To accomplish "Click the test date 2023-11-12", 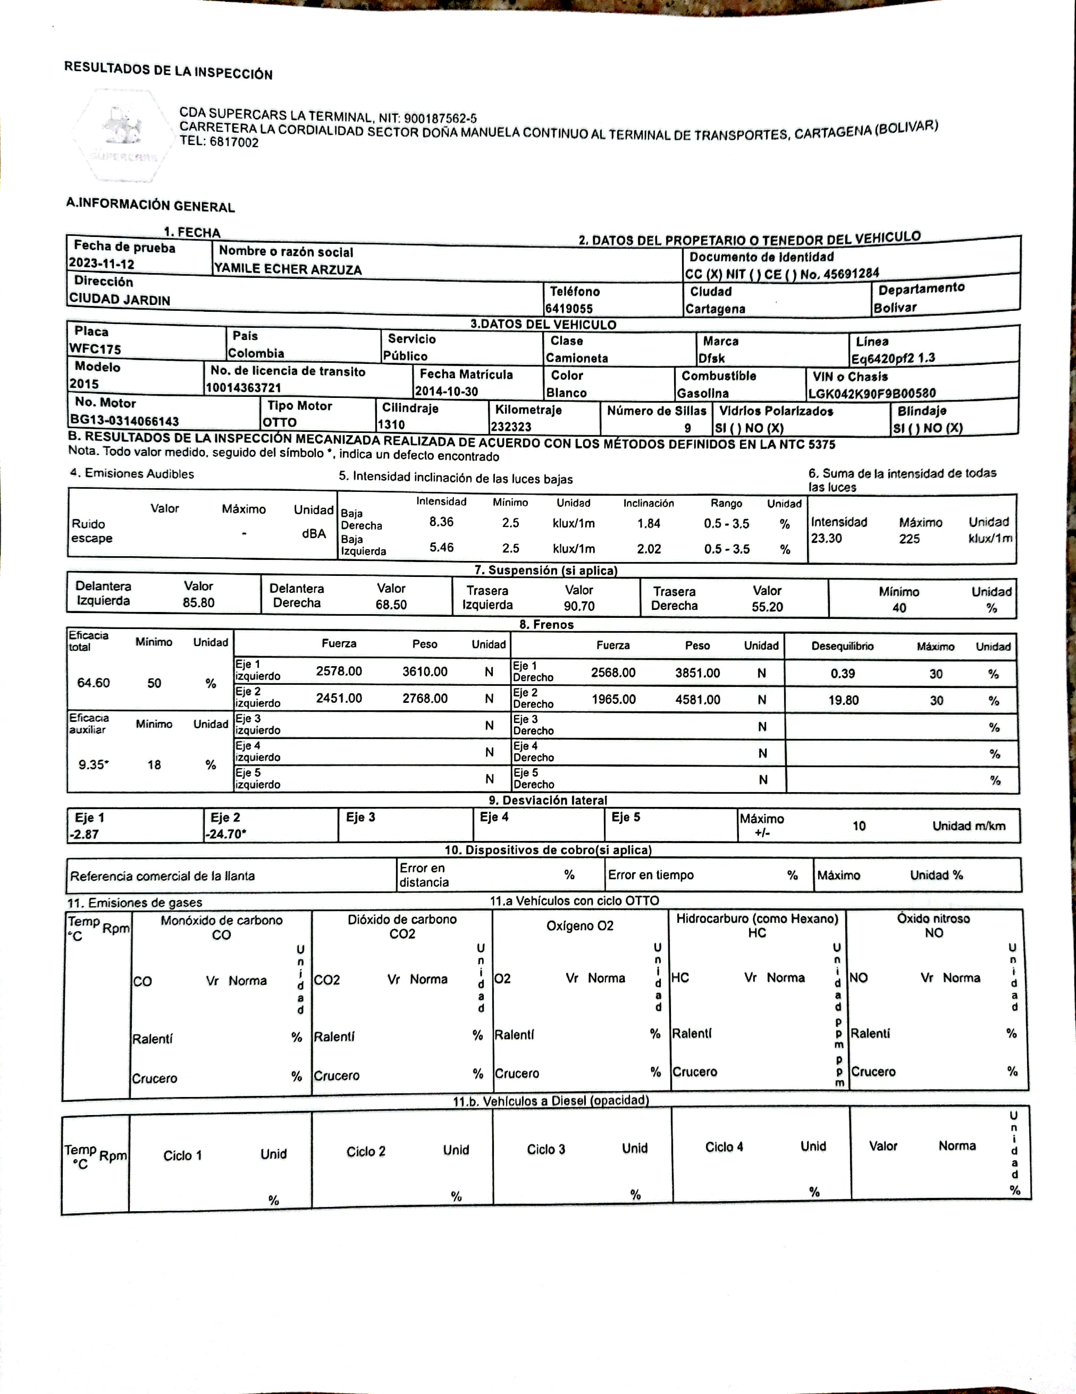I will [x=102, y=263].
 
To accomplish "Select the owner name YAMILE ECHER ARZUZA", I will [x=288, y=269].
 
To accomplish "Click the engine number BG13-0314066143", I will [x=124, y=421].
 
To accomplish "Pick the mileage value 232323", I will [x=511, y=427].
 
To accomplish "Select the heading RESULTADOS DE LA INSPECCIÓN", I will [x=168, y=71].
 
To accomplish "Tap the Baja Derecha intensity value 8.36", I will [x=441, y=522].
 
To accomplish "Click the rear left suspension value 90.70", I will [x=578, y=606].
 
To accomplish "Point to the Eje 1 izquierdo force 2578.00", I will [x=339, y=671].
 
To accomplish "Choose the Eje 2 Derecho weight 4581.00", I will [x=697, y=700].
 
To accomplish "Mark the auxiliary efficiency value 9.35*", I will [x=93, y=764].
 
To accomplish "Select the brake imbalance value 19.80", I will [x=843, y=700].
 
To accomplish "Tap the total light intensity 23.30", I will [x=826, y=538].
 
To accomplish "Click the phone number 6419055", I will [x=568, y=308].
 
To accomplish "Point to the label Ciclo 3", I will [x=545, y=1149].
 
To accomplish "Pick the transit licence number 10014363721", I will [x=243, y=387].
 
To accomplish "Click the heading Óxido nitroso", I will [x=933, y=918].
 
